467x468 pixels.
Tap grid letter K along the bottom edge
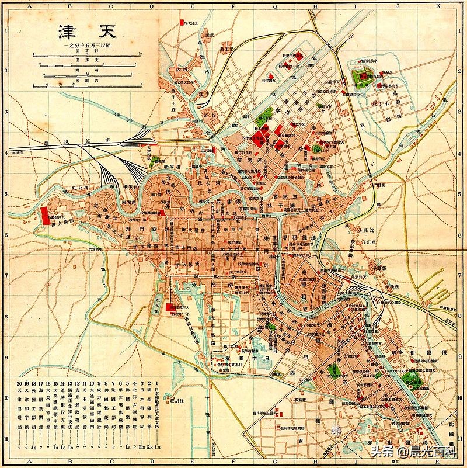click(x=452, y=464)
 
